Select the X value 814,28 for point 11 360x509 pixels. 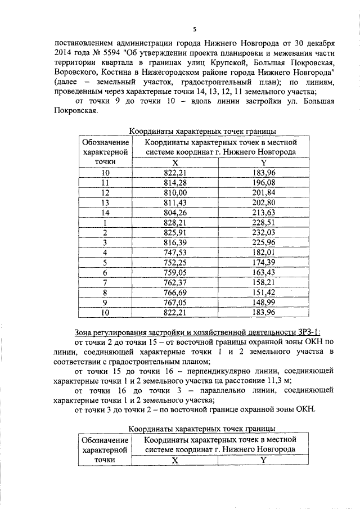tap(175, 183)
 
